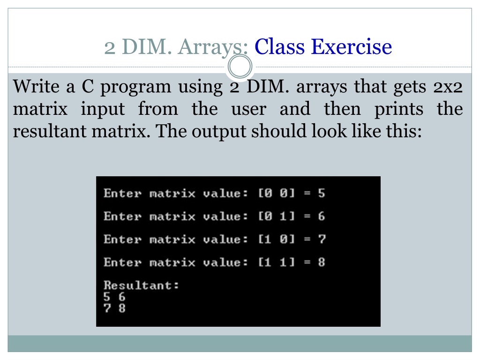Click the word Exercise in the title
click(352, 47)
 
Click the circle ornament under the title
click(240, 67)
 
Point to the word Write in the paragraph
click(36, 86)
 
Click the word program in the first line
click(135, 88)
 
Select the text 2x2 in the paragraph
click(448, 87)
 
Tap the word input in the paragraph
click(103, 110)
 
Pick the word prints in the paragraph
click(399, 110)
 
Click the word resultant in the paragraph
click(50, 131)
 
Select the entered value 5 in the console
click(322, 193)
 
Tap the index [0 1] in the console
click(277, 217)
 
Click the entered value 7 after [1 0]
click(322, 239)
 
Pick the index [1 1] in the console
click(277, 262)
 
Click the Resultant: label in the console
click(141, 285)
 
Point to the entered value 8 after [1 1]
click(322, 262)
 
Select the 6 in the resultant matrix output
click(122, 297)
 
